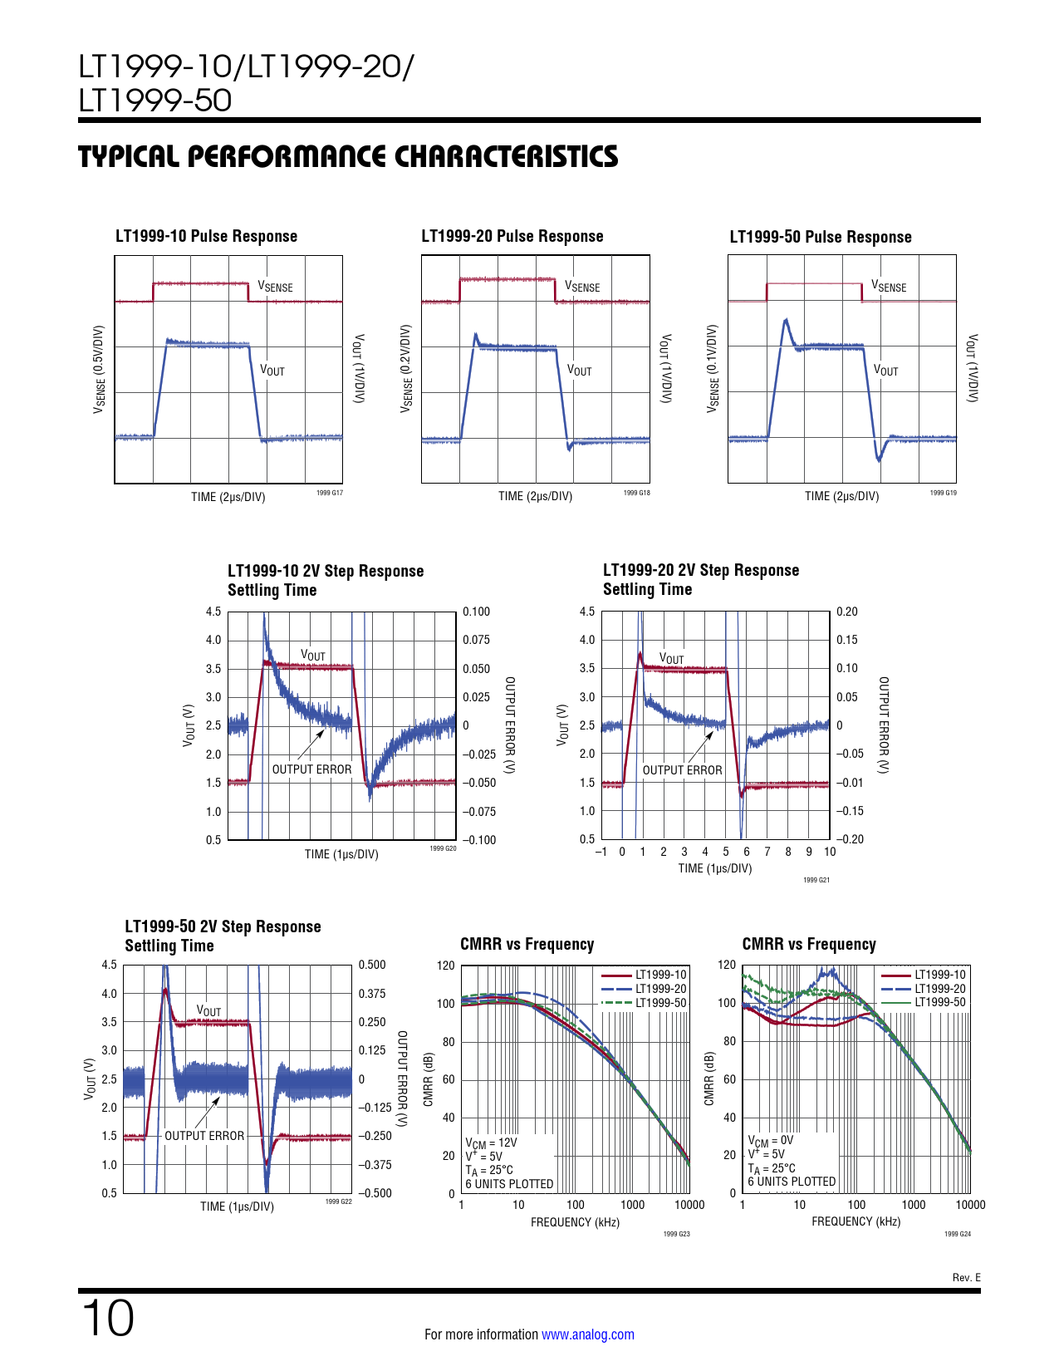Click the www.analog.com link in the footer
click(587, 1334)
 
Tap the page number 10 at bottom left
click(107, 1318)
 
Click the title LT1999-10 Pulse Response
click(206, 236)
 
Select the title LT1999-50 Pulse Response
click(820, 237)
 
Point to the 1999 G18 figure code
click(636, 494)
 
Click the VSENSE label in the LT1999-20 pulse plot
click(582, 287)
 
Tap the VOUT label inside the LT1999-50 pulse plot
click(885, 371)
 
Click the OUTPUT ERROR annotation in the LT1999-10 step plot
click(311, 769)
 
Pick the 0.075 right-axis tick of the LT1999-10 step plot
click(476, 640)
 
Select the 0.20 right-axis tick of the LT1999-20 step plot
click(846, 612)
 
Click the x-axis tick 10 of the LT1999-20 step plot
click(830, 852)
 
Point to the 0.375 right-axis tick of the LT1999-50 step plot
click(372, 994)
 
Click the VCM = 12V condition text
click(491, 1143)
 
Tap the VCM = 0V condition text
click(770, 1141)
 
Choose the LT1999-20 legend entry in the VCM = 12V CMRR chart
click(660, 989)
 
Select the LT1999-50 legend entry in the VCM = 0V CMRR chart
click(939, 1002)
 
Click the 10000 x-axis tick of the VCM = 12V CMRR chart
click(689, 1205)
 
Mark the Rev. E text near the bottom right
click(966, 1278)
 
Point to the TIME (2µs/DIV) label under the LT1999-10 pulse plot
click(228, 497)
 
